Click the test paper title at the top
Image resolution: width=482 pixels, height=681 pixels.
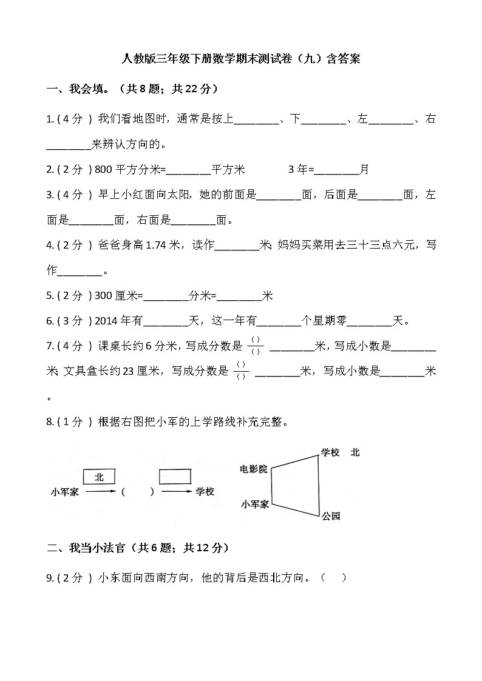pos(241,59)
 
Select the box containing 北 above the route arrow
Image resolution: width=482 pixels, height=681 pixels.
pos(98,477)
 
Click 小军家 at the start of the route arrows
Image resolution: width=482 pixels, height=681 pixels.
pos(65,492)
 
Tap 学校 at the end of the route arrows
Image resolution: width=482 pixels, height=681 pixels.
pos(205,492)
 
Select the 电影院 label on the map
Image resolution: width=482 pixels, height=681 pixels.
pos(253,469)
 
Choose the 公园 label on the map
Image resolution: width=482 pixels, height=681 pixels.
pos(331,516)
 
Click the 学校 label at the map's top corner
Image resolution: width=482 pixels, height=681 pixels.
pos(330,452)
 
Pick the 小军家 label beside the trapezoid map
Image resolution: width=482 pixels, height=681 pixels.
pos(255,504)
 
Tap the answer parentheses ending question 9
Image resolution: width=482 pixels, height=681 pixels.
pos(334,578)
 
